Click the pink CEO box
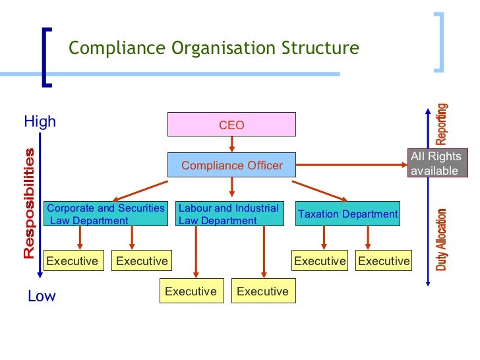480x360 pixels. point(231,125)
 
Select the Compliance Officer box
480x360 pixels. point(231,165)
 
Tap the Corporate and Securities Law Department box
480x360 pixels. point(105,214)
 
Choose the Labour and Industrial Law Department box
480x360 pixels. point(229,214)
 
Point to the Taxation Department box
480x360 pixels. point(347,214)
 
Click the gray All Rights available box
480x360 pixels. point(435,164)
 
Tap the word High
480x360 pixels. point(40,122)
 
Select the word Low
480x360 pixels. point(42,297)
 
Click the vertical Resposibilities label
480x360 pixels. point(29,204)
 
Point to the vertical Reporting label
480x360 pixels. point(442,124)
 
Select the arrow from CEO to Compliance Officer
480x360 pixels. point(231,144)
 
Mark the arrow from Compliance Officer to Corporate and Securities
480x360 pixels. point(142,190)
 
